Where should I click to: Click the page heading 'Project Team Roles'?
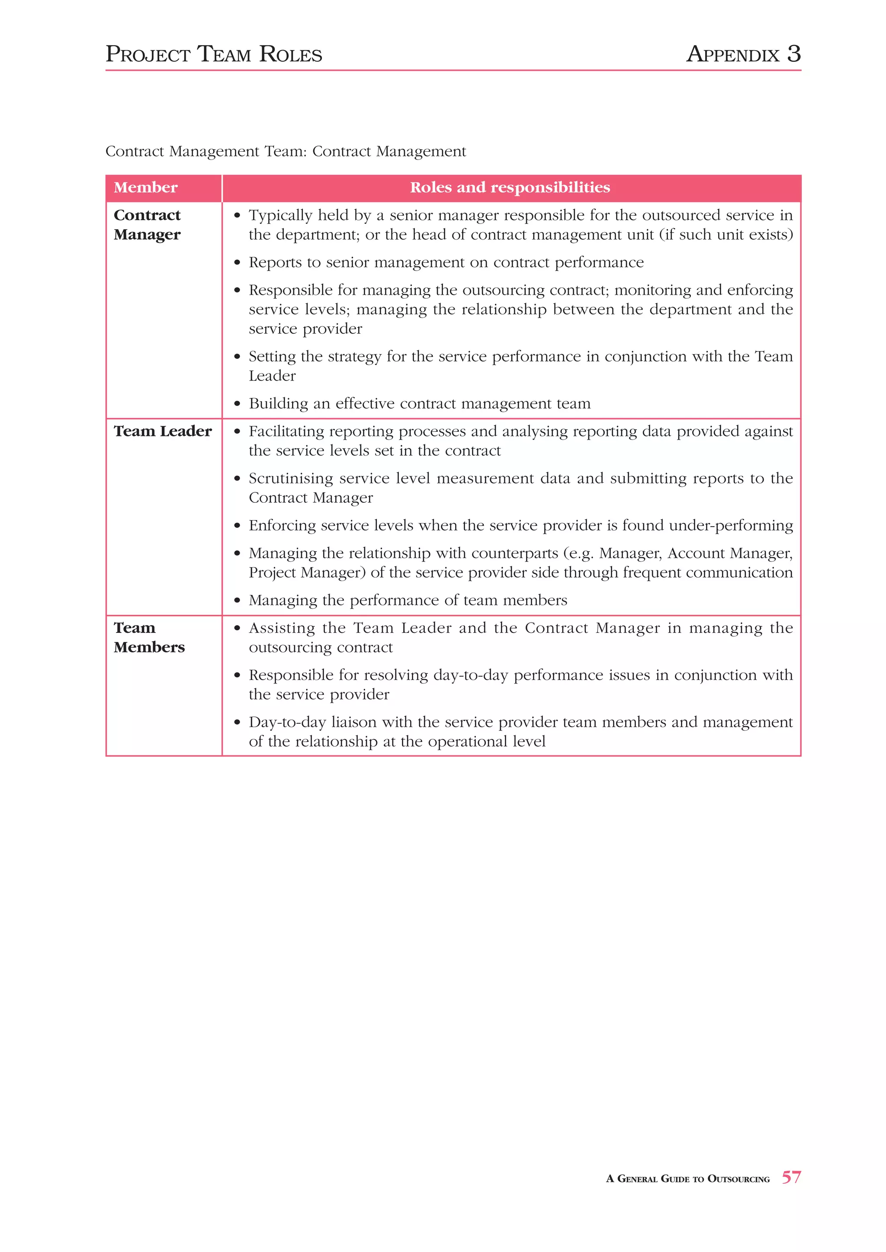tap(214, 54)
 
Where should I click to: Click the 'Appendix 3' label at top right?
tap(743, 54)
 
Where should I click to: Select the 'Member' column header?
tap(146, 188)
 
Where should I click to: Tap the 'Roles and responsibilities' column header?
tap(510, 188)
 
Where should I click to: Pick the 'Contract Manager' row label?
tap(147, 225)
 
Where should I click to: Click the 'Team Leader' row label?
tap(163, 431)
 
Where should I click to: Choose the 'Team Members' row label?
tap(149, 637)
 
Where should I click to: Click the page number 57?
tap(791, 1177)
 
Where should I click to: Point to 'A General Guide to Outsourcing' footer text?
tap(687, 1179)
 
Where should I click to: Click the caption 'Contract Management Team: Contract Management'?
tap(286, 152)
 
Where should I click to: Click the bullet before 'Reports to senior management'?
tap(237, 263)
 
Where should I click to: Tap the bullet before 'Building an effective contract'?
tap(237, 405)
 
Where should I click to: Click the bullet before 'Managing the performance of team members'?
tap(237, 601)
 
